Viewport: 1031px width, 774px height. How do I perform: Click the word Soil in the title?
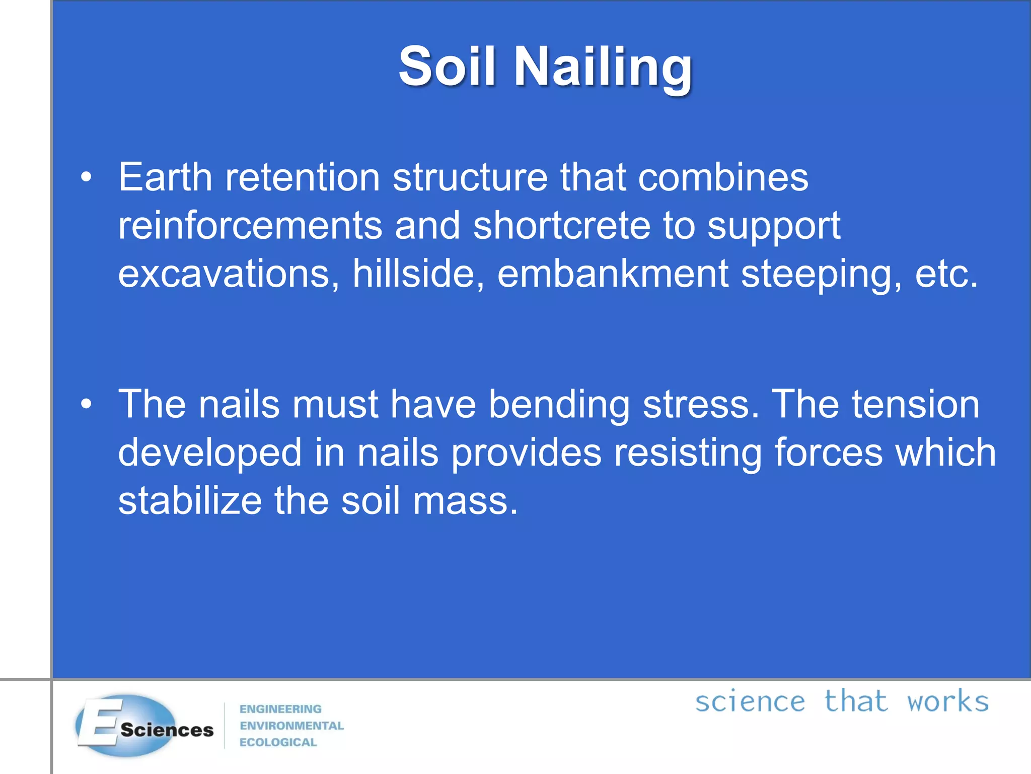pos(448,67)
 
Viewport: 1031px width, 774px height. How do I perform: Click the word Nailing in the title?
pos(603,68)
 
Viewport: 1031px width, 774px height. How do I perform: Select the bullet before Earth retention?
pos(86,177)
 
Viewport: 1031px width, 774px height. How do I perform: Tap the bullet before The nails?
pos(86,404)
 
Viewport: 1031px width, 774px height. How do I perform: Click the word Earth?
pos(165,177)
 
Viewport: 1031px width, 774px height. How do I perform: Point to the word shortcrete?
pos(561,225)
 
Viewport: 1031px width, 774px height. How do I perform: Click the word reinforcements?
pos(250,225)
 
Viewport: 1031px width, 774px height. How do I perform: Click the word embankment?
pos(613,274)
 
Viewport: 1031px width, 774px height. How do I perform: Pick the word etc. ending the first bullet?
pos(946,274)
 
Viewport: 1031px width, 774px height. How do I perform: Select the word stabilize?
pos(190,501)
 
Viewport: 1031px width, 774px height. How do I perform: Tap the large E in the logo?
pos(101,723)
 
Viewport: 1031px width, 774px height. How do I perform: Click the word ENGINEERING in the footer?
pos(280,709)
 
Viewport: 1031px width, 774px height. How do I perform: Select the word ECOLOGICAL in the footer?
pos(278,742)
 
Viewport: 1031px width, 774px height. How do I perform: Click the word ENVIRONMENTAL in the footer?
pos(291,726)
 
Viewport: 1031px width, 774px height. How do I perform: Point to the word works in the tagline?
pos(948,702)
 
